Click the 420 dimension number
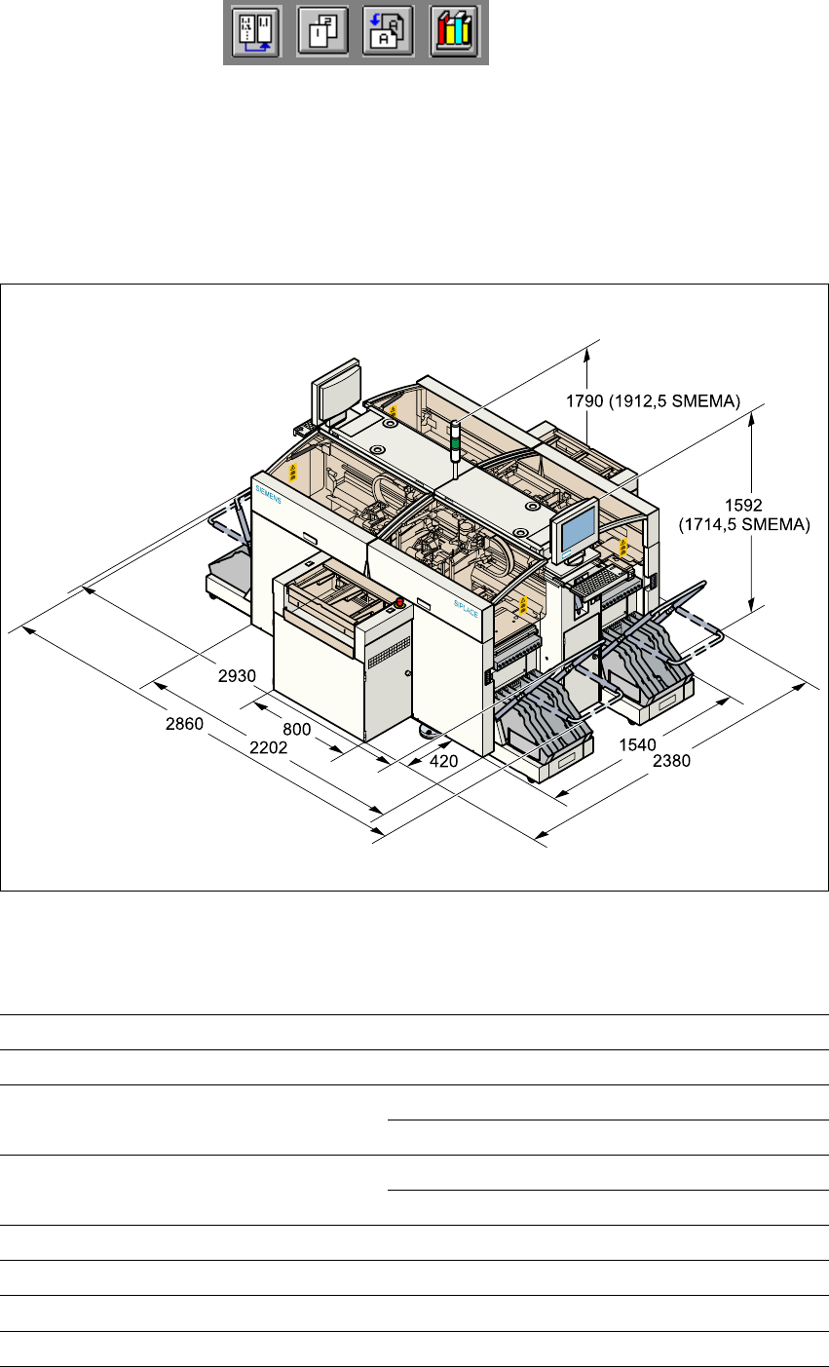pyautogui.click(x=443, y=762)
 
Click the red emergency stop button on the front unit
pyautogui.click(x=398, y=601)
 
